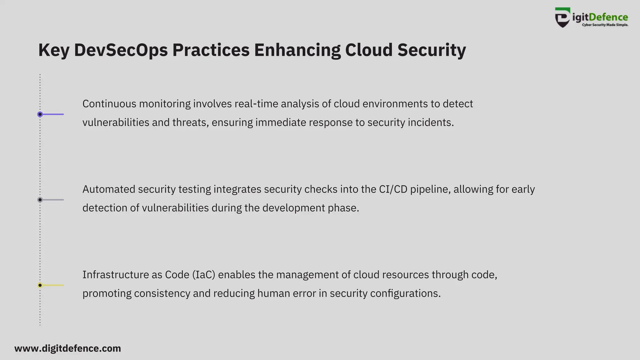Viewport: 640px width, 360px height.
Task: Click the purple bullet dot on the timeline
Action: [40, 114]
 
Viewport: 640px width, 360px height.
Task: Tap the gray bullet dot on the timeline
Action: [40, 200]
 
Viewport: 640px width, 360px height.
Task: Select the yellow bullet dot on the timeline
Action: [40, 285]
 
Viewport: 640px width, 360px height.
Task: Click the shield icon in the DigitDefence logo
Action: [562, 18]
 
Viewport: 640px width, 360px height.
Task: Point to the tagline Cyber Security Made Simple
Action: [605, 25]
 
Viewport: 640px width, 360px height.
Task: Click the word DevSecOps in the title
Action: [121, 50]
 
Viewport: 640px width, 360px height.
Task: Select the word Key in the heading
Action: [53, 50]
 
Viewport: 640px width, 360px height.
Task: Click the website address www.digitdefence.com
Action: [67, 348]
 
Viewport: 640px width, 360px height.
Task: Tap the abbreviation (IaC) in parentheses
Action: [204, 275]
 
